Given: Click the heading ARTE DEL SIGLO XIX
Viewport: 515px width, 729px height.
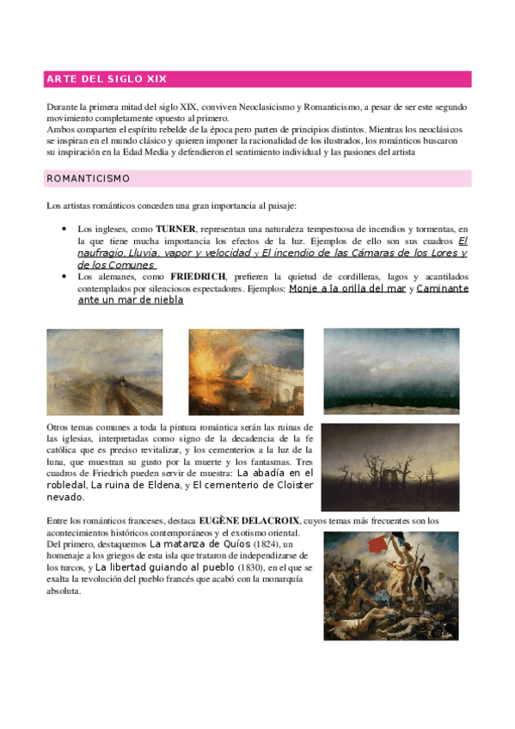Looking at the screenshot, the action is (107, 79).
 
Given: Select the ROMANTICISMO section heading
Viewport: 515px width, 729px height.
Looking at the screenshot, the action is (88, 179).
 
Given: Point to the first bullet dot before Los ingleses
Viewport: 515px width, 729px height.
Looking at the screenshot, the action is (64, 230).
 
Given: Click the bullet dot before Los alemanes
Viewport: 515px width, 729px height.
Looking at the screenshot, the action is (64, 277).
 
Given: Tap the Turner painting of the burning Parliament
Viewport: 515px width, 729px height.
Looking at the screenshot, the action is (245, 371).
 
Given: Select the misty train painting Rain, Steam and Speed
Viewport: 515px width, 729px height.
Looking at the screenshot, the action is (104, 371).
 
